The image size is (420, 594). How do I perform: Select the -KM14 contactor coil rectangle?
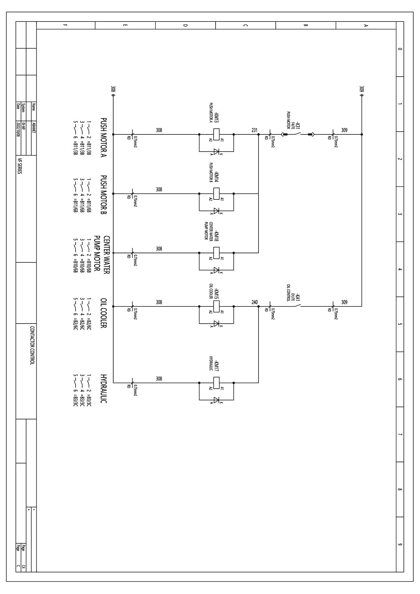pyautogui.click(x=217, y=194)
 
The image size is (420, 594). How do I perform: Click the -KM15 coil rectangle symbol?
pyautogui.click(x=217, y=306)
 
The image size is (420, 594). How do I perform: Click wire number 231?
pyautogui.click(x=254, y=130)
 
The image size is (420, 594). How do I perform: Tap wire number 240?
pyautogui.click(x=254, y=302)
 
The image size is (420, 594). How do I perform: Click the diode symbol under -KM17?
pyautogui.click(x=217, y=400)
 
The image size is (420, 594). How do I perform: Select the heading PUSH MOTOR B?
pyautogui.click(x=104, y=195)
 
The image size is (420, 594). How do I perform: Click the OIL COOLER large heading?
pyautogui.click(x=104, y=313)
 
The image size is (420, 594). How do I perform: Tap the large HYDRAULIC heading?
pyautogui.click(x=104, y=389)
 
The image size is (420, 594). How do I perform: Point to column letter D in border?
pyautogui.click(x=185, y=25)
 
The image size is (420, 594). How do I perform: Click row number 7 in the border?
pyautogui.click(x=400, y=435)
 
